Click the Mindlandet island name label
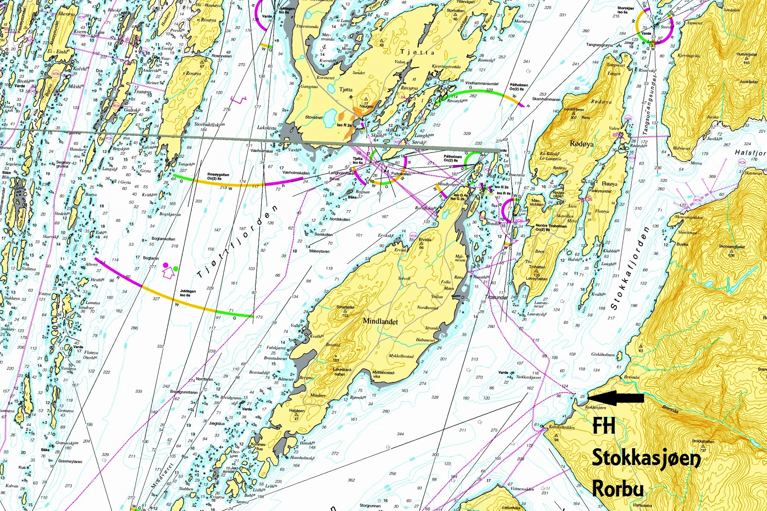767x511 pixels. [380, 321]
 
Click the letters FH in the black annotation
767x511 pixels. [604, 426]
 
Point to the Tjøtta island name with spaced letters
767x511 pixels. [417, 52]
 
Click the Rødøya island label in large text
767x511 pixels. [581, 144]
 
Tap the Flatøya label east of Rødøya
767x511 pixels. [609, 184]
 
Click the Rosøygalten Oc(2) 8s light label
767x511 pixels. [218, 176]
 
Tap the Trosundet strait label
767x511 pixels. [496, 297]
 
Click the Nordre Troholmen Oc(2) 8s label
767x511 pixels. [551, 227]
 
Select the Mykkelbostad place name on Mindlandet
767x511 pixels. [401, 356]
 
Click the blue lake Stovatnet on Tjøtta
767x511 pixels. [330, 115]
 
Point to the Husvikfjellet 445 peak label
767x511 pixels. [746, 57]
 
